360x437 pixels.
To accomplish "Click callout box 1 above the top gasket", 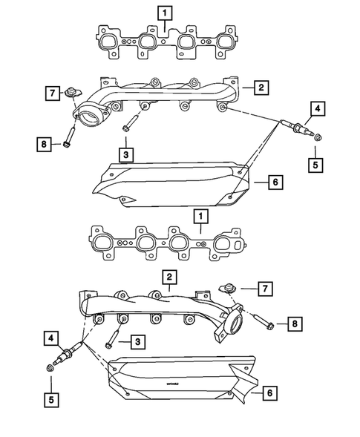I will tap(165, 12).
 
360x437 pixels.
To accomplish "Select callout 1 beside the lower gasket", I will tap(198, 216).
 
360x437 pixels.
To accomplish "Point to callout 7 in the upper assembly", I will tap(51, 93).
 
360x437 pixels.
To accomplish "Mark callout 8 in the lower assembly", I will tap(294, 323).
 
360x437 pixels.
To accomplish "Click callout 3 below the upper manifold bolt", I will tap(127, 154).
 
